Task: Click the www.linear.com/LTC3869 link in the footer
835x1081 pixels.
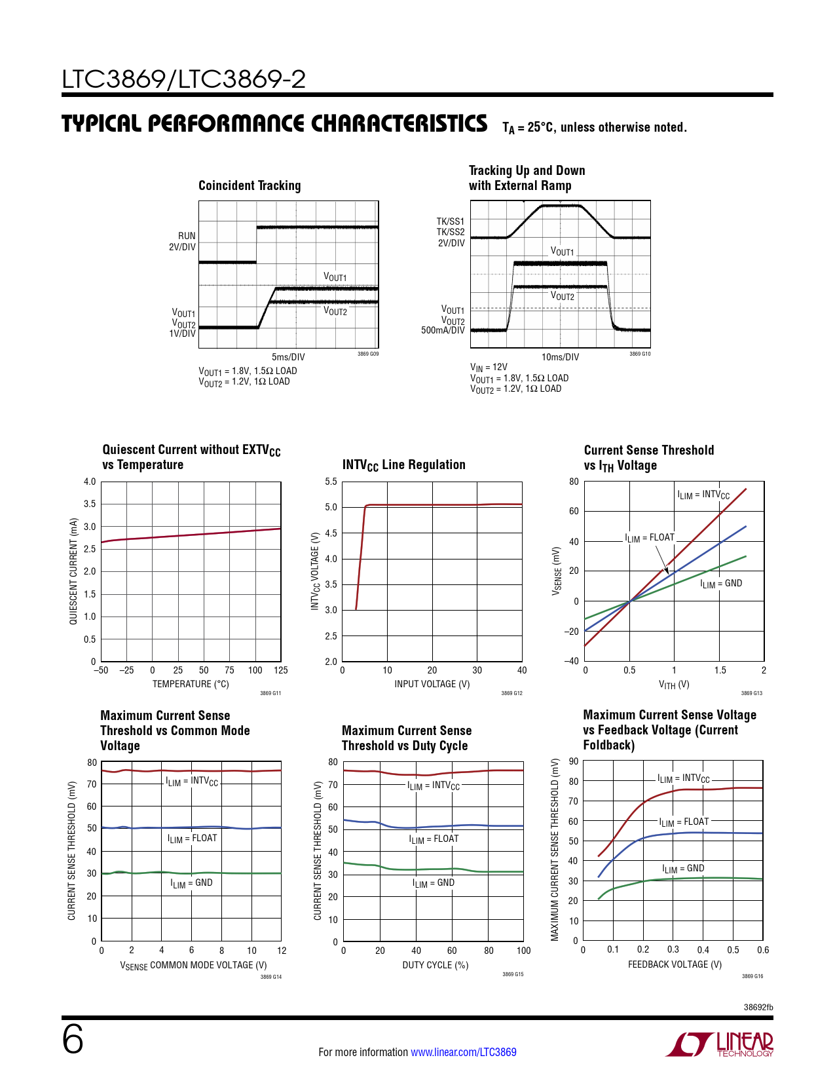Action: click(x=463, y=1052)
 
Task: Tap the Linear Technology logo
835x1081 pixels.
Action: click(x=720, y=1044)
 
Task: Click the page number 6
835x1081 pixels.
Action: click(x=73, y=1040)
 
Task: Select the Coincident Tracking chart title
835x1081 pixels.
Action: click(x=250, y=186)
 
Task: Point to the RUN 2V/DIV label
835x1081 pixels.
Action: click(x=183, y=241)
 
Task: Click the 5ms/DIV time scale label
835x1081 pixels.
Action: click(x=288, y=357)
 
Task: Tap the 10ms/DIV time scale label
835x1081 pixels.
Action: click(x=560, y=357)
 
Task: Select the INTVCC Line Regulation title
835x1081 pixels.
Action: click(x=403, y=465)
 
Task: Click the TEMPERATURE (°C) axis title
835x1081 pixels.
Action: click(x=191, y=684)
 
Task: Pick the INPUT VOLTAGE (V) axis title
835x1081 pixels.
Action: click(x=432, y=684)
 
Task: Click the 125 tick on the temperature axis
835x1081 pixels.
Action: click(x=281, y=670)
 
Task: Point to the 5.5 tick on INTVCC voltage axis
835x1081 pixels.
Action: click(x=331, y=482)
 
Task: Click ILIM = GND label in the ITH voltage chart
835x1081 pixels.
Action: click(x=721, y=584)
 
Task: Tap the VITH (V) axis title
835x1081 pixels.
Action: click(x=674, y=685)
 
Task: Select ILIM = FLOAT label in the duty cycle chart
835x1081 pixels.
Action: click(x=434, y=839)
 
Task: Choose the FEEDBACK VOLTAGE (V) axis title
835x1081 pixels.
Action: click(x=675, y=964)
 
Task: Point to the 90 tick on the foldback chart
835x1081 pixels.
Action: click(x=574, y=761)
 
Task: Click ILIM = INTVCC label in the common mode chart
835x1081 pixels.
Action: click(x=192, y=782)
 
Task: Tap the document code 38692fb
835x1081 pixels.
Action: click(x=758, y=1007)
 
